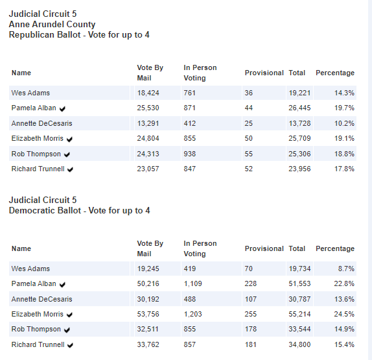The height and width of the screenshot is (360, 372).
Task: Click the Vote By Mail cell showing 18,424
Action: [148, 93]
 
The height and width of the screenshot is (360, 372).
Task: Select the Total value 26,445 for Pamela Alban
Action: [299, 108]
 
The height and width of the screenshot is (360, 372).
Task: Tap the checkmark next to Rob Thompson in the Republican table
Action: [67, 154]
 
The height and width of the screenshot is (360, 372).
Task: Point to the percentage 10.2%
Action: [344, 123]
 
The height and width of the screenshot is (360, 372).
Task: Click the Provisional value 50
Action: [249, 138]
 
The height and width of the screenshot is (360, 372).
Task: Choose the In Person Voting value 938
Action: [189, 154]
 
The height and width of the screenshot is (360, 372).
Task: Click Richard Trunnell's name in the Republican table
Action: [38, 169]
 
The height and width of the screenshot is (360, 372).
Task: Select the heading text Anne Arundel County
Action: [52, 24]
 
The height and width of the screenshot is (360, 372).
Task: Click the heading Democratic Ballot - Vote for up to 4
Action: [80, 210]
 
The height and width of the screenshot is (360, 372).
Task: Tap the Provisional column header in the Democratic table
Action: [264, 248]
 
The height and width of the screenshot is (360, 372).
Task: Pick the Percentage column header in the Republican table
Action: [335, 73]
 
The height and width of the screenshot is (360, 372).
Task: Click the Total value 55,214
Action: [299, 314]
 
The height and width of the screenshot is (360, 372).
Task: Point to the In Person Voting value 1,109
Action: [192, 283]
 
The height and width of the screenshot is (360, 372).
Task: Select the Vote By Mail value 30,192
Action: [148, 299]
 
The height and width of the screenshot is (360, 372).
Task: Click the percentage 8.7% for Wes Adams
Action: [346, 269]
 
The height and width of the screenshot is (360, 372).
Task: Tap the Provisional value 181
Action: [251, 344]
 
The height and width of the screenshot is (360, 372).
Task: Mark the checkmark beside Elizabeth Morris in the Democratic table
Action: [69, 315]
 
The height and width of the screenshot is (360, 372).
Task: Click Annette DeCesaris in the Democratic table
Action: [41, 299]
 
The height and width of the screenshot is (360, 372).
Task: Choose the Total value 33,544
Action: [299, 329]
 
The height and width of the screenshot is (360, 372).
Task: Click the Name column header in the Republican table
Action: [21, 73]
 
